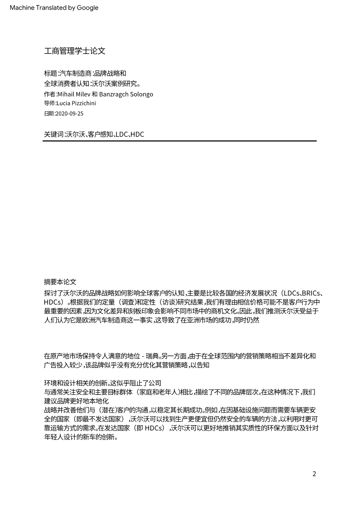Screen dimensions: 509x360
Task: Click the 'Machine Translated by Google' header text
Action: tap(54, 8)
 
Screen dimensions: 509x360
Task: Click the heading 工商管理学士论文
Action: tap(75, 51)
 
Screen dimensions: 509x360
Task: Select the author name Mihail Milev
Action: tap(74, 94)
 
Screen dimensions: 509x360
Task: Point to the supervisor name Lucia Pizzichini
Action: tap(76, 103)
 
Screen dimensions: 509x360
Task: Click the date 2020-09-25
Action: tap(70, 114)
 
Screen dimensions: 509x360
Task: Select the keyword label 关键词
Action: tap(54, 134)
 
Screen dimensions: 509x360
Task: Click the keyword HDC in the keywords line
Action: tap(137, 134)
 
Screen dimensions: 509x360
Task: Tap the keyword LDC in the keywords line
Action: tap(121, 134)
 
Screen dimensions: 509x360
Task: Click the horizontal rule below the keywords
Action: tap(179, 141)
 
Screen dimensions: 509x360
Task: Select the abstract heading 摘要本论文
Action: tap(60, 282)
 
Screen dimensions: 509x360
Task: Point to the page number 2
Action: tap(314, 474)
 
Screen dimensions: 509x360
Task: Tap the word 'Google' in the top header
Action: tap(87, 8)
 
